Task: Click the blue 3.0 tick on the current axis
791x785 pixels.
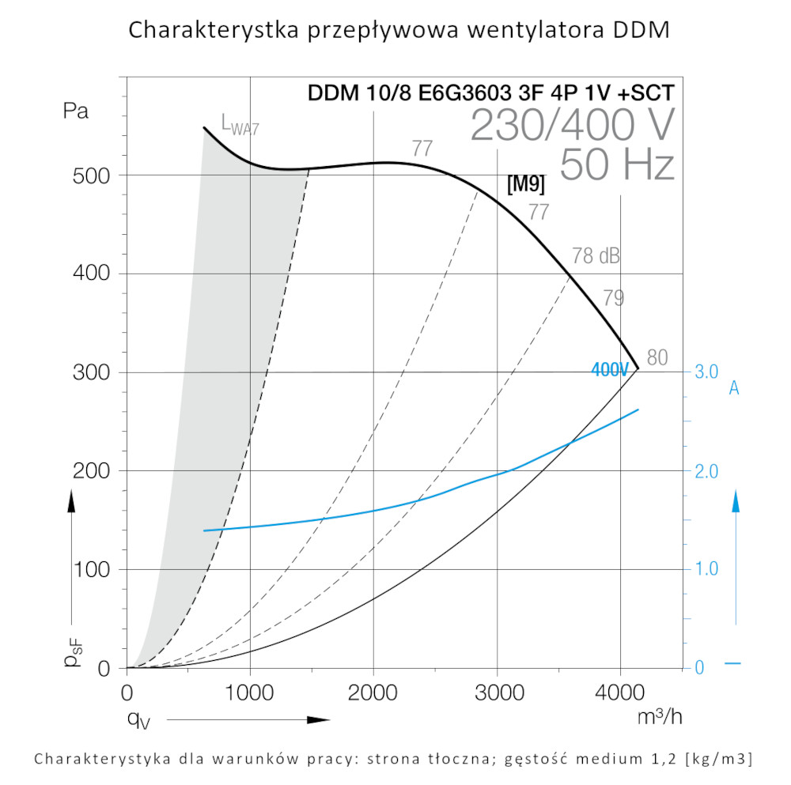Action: click(x=706, y=372)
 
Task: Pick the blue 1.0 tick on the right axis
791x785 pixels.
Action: click(x=706, y=569)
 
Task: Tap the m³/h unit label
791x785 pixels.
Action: click(x=660, y=718)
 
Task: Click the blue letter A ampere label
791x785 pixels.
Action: click(x=734, y=388)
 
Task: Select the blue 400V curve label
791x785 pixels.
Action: click(x=610, y=369)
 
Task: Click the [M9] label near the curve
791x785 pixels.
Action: click(x=526, y=185)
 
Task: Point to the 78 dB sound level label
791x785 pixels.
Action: click(x=596, y=256)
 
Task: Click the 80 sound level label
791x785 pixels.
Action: click(x=657, y=357)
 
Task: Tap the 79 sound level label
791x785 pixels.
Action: click(x=614, y=298)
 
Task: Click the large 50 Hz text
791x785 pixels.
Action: click(x=617, y=165)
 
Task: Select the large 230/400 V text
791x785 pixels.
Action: click(x=573, y=125)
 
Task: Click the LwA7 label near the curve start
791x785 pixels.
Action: click(x=240, y=124)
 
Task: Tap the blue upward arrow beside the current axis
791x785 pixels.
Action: click(x=736, y=501)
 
